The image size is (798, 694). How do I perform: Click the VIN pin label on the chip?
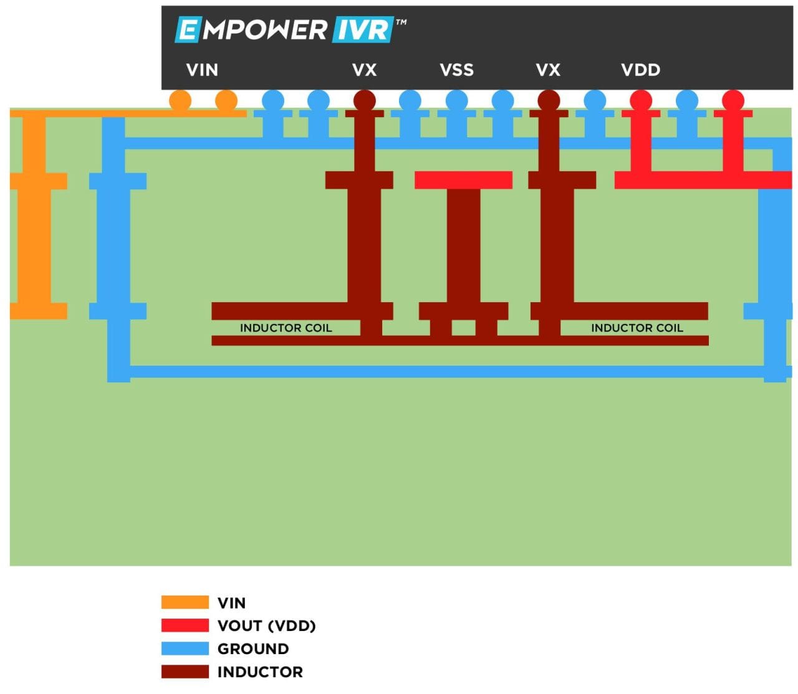click(202, 70)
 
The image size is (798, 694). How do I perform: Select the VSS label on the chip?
click(456, 70)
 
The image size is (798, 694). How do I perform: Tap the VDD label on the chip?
click(640, 70)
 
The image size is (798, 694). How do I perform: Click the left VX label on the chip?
click(364, 70)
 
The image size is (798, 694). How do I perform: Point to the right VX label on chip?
click(548, 70)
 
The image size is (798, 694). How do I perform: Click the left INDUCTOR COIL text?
click(286, 328)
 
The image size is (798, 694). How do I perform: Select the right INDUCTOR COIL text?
click(637, 328)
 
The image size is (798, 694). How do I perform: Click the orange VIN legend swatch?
click(185, 602)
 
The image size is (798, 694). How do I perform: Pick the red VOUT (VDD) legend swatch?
click(185, 625)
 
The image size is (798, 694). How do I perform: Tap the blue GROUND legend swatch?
click(185, 648)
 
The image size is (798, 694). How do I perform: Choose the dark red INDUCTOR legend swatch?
click(185, 672)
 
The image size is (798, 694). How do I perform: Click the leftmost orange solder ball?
click(180, 100)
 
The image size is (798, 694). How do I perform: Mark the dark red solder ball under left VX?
click(364, 100)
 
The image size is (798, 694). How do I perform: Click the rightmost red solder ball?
click(733, 100)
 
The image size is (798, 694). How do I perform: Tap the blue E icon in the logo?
click(187, 29)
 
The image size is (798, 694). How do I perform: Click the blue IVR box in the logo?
click(362, 29)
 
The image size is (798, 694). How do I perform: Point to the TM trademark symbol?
click(401, 22)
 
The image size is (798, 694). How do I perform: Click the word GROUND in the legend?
click(252, 649)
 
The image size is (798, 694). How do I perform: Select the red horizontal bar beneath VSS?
click(463, 180)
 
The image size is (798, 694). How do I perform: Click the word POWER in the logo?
click(264, 29)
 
